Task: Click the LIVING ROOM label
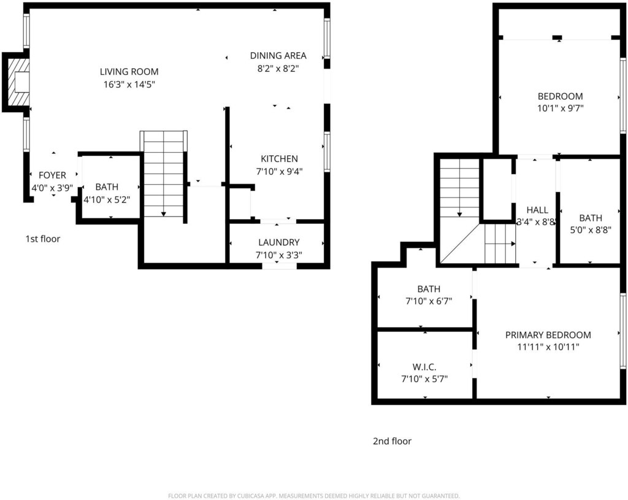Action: click(x=129, y=72)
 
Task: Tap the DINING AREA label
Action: click(x=278, y=56)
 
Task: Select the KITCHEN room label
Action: click(x=279, y=159)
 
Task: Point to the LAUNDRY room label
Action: click(x=279, y=242)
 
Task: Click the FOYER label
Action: click(x=53, y=175)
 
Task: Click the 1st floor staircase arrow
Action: click(x=163, y=174)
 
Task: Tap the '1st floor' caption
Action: click(x=43, y=239)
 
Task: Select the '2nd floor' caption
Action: click(x=392, y=441)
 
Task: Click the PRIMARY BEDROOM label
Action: click(x=548, y=335)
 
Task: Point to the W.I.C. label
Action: click(x=424, y=367)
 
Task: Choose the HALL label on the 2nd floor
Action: click(x=537, y=210)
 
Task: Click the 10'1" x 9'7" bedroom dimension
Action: click(x=561, y=108)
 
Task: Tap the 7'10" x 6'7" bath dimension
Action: click(x=429, y=301)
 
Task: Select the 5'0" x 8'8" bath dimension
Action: click(x=591, y=230)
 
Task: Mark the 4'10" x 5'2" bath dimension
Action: click(x=107, y=199)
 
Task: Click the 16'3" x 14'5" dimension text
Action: click(x=129, y=85)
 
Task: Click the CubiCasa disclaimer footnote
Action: click(x=313, y=496)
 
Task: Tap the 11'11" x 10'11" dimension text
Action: click(x=548, y=347)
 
